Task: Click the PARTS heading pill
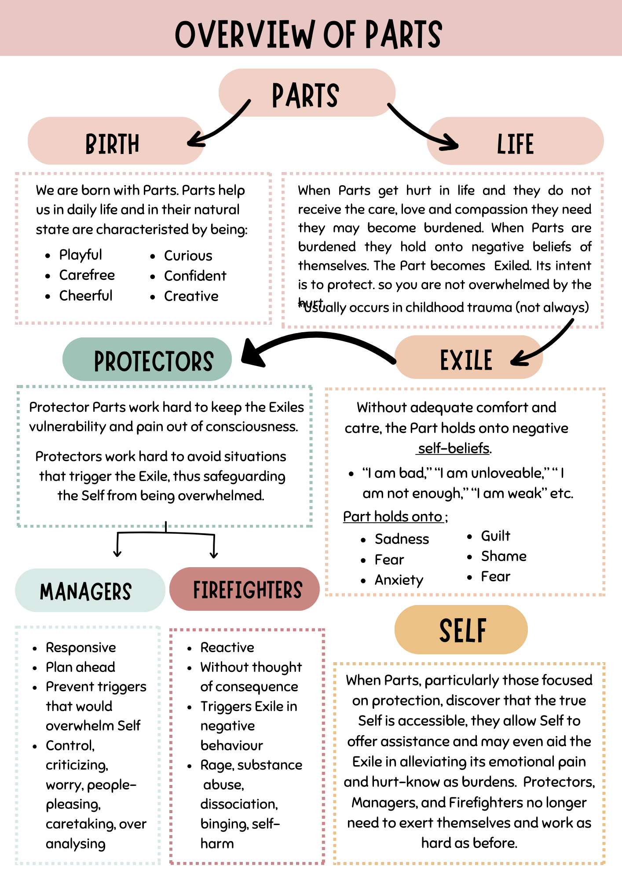tap(307, 93)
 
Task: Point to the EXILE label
tap(466, 359)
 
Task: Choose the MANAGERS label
tap(86, 591)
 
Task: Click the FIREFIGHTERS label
tap(247, 590)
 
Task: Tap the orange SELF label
tap(463, 630)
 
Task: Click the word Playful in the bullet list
tap(80, 255)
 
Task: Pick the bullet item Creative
tap(191, 296)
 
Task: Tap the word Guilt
tap(495, 536)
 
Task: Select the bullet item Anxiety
tap(399, 580)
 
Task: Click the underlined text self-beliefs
tap(454, 448)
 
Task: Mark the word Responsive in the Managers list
tap(81, 647)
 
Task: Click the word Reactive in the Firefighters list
tap(227, 647)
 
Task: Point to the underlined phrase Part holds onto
tap(393, 516)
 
